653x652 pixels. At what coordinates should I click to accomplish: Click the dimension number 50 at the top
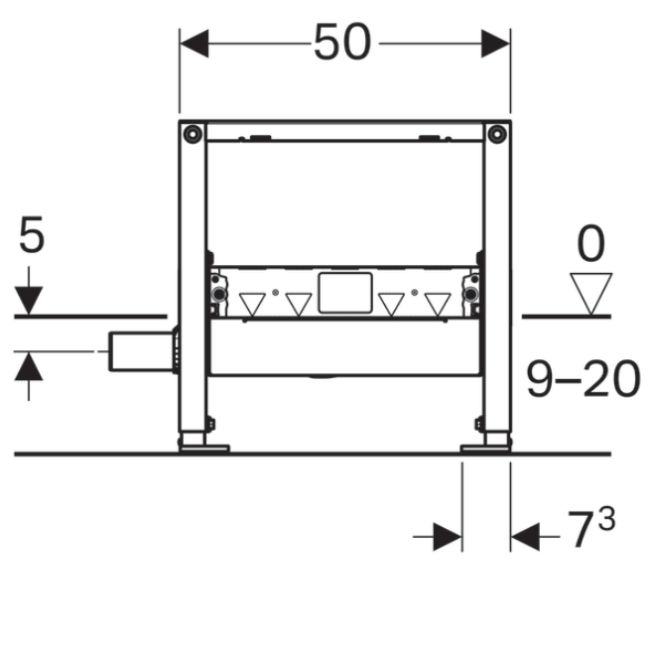click(342, 42)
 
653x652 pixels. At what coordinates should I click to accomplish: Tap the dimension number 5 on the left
click(32, 234)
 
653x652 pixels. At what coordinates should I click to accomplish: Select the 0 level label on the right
click(590, 243)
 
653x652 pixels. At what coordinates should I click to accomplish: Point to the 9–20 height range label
click(583, 379)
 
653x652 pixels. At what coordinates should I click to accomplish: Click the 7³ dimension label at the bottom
click(590, 527)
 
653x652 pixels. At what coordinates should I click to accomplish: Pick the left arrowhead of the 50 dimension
click(195, 44)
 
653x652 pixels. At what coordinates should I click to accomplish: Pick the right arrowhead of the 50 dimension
click(495, 44)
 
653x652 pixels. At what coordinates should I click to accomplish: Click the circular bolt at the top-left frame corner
click(193, 134)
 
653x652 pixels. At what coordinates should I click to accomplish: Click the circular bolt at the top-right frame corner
click(497, 134)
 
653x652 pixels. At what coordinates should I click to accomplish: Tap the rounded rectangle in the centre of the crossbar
click(345, 293)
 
